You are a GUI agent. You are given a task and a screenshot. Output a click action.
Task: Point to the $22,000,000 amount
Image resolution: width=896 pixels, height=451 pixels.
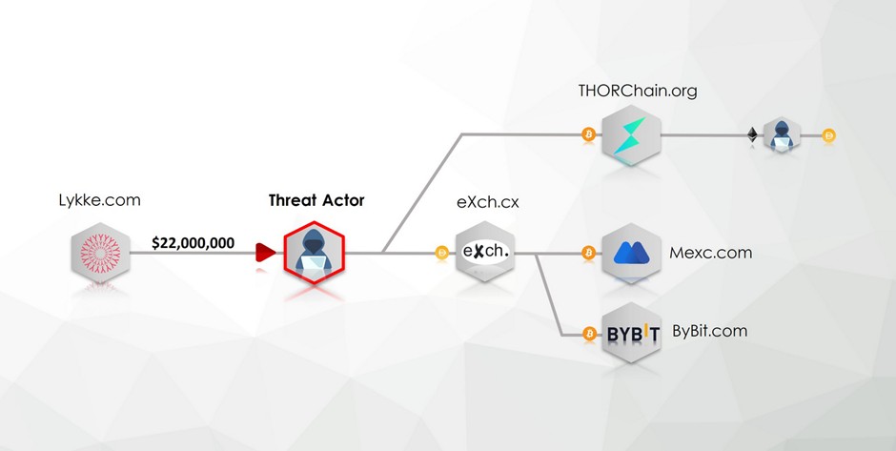tap(193, 243)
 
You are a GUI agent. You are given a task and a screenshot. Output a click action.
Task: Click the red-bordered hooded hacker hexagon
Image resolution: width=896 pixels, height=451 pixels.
tap(316, 253)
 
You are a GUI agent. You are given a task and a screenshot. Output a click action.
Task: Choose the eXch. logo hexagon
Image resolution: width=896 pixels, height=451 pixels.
tap(485, 253)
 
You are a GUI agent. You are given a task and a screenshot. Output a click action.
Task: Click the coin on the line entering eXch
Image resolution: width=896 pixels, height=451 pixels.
tap(441, 254)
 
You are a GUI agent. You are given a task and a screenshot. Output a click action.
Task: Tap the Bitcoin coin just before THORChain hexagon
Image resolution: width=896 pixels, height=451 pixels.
tap(588, 135)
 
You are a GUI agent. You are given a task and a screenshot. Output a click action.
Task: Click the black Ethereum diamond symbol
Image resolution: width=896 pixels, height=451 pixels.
tap(752, 135)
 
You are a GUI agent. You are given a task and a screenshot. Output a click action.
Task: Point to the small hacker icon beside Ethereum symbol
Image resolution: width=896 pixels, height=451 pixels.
tap(782, 135)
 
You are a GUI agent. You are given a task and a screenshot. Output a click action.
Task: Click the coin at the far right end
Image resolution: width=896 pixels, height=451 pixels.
tap(828, 135)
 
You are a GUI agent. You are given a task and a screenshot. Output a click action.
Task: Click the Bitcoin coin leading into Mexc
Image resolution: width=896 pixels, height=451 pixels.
tap(588, 254)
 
